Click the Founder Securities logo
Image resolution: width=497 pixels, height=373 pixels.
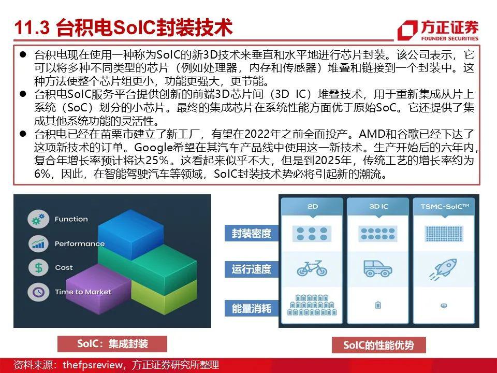438,31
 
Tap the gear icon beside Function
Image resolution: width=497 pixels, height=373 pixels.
38,219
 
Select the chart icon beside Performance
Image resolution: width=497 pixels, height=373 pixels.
38,243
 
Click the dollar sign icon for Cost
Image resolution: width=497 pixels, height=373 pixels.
38,268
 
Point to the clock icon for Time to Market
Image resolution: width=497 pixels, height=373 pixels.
38,292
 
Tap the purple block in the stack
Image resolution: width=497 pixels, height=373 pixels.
98,289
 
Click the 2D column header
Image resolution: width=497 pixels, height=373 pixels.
312,207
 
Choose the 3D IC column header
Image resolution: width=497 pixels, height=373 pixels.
378,207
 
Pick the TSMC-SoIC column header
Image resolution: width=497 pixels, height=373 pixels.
444,207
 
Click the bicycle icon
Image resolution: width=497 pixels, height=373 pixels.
312,268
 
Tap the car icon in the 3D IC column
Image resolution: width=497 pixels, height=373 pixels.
378,268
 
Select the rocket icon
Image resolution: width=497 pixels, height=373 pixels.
444,269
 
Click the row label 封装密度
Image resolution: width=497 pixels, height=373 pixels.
252,234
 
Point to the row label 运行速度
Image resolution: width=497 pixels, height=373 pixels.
252,269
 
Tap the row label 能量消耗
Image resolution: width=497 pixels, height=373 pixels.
252,308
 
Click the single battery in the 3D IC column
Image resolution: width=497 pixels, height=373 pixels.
378,305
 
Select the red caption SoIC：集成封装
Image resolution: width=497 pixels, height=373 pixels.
112,344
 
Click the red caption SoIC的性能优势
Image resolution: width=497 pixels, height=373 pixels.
378,345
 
